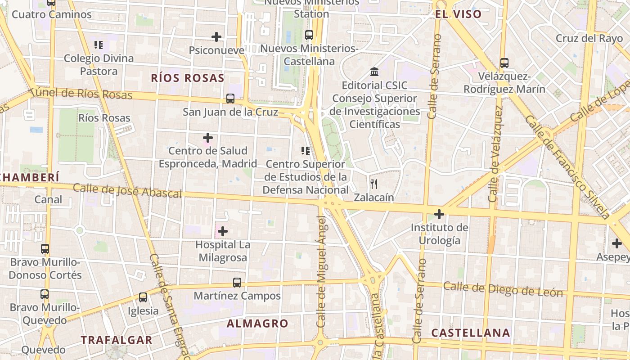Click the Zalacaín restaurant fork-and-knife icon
tap(373, 184)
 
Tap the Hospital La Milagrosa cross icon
tap(222, 232)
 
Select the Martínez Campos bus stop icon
tap(237, 283)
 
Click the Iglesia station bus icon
tap(143, 297)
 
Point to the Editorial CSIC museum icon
tap(374, 72)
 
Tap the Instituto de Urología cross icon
tap(439, 214)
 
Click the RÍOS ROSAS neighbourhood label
tap(188, 78)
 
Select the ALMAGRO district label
tap(257, 323)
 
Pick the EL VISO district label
tap(458, 14)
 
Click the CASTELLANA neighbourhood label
tap(471, 333)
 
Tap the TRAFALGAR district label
tap(117, 340)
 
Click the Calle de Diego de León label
tap(503, 289)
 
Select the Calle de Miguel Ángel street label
tap(321, 271)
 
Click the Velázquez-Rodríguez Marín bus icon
tap(504, 63)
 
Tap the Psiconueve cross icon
tap(216, 37)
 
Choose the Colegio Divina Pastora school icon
tap(99, 45)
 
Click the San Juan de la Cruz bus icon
tap(230, 98)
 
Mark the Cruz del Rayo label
tap(589, 38)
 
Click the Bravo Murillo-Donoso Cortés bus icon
tap(45, 249)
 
